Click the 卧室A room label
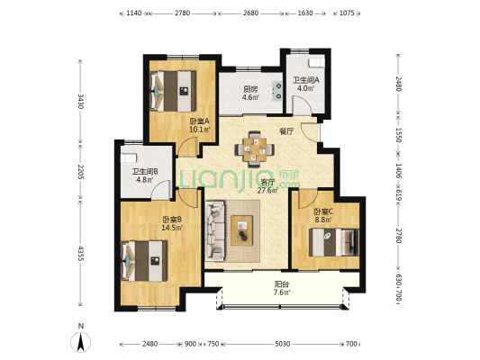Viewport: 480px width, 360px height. pyautogui.click(x=199, y=121)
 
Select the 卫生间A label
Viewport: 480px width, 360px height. pyautogui.click(x=306, y=80)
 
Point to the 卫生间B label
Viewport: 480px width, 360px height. pyautogui.click(x=145, y=172)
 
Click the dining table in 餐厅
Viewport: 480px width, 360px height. pyautogui.click(x=254, y=149)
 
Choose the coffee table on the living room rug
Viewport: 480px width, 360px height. pyautogui.click(x=242, y=230)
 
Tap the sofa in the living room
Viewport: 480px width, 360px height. pyautogui.click(x=214, y=231)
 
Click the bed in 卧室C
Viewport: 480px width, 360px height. pyautogui.click(x=334, y=242)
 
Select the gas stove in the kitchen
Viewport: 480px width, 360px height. pyautogui.click(x=277, y=91)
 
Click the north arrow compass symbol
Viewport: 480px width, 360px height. pyautogui.click(x=80, y=342)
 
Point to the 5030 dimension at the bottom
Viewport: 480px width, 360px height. pyautogui.click(x=282, y=344)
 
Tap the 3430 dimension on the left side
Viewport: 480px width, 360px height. pyautogui.click(x=80, y=101)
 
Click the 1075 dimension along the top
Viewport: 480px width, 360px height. pyautogui.click(x=347, y=13)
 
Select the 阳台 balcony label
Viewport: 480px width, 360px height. pyautogui.click(x=282, y=284)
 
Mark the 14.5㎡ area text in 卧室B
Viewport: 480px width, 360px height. pyautogui.click(x=172, y=228)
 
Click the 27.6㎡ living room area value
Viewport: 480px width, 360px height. pyautogui.click(x=267, y=191)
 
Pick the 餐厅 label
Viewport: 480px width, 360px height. pyautogui.click(x=286, y=131)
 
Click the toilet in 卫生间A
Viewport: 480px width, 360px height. pyautogui.click(x=316, y=62)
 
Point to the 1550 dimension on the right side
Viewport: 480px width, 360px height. pyautogui.click(x=398, y=135)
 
